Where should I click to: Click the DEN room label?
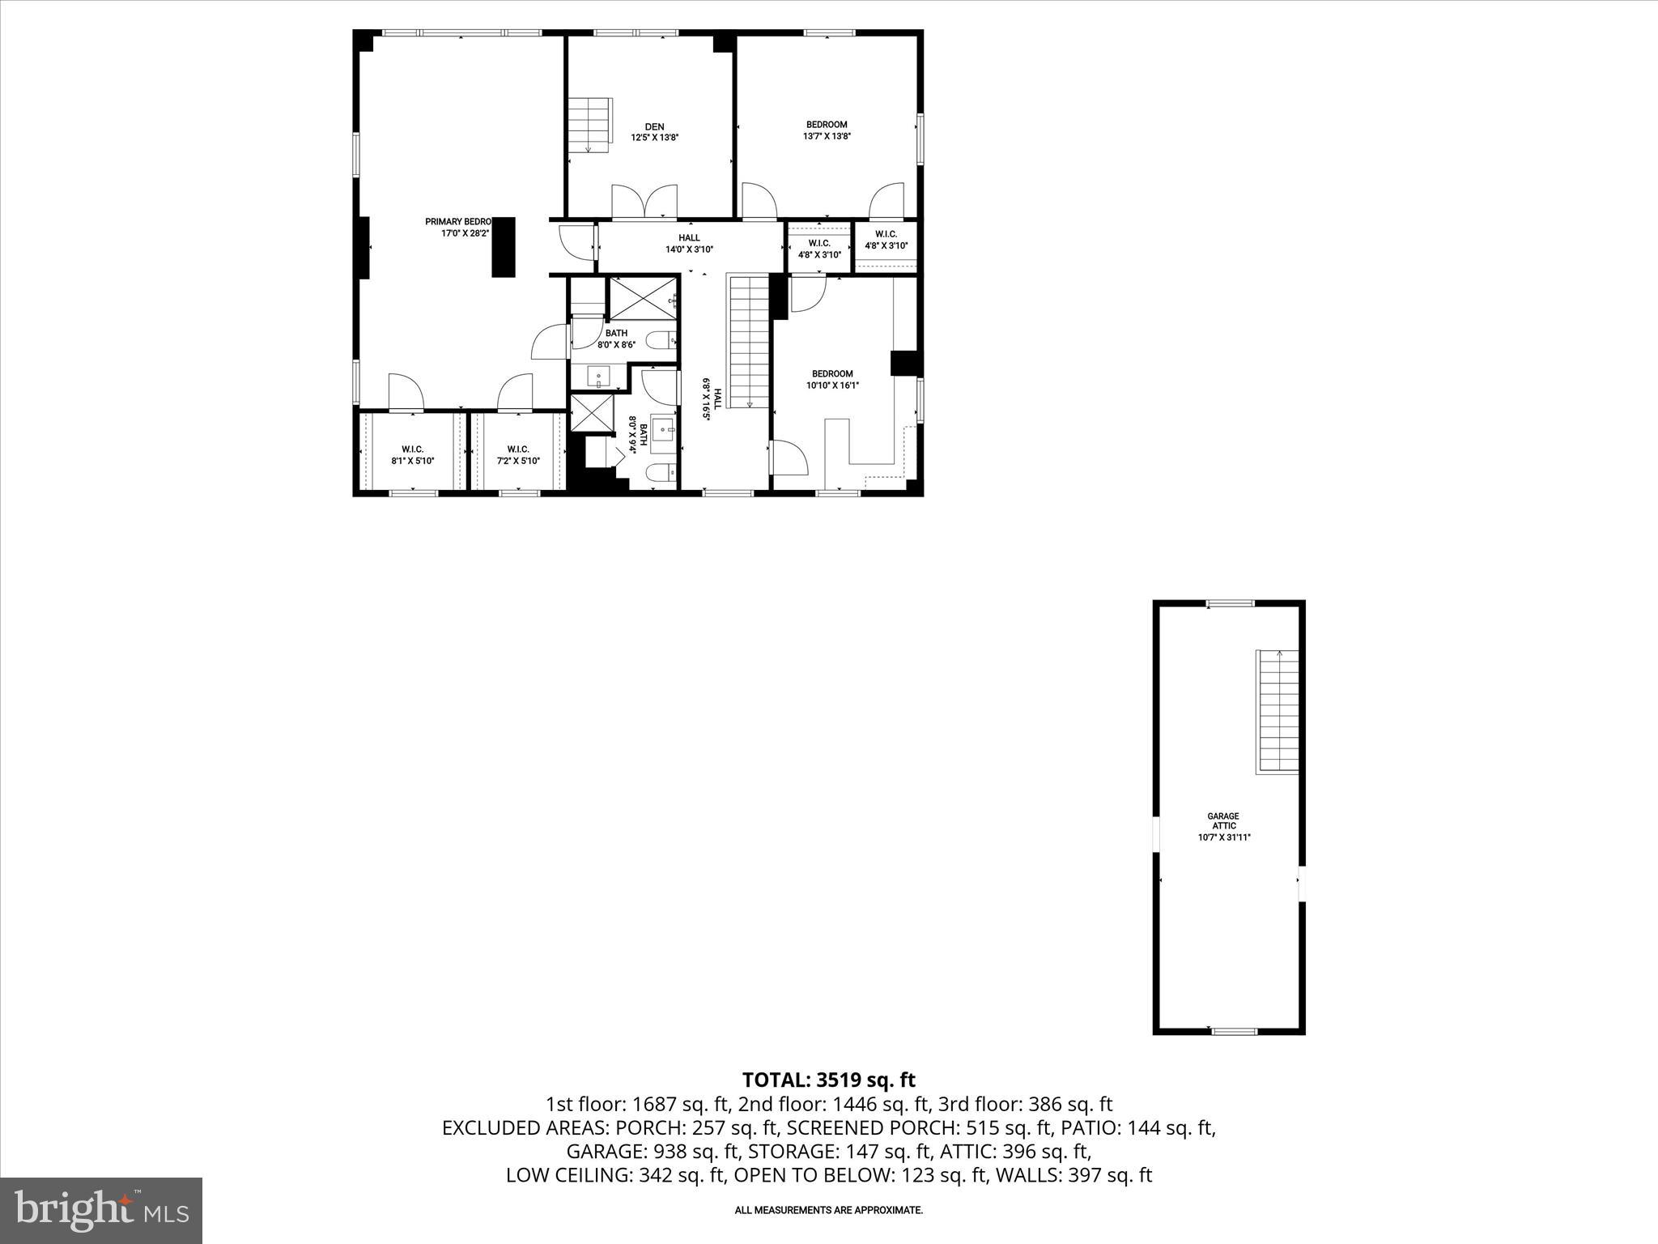(654, 126)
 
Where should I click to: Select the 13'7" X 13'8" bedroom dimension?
(827, 137)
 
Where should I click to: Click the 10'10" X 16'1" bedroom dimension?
(832, 386)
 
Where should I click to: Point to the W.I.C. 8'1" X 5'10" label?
(413, 455)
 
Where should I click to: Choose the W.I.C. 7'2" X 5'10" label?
(518, 455)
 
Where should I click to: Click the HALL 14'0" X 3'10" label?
(689, 244)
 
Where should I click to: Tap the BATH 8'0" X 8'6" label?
(616, 339)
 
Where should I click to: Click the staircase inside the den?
(589, 124)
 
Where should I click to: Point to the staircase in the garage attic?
(1278, 710)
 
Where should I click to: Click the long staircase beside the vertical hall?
(749, 340)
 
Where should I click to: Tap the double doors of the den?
(644, 202)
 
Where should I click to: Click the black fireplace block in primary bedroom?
(503, 247)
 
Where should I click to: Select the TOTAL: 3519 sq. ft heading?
(828, 1080)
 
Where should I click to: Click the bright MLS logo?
(101, 1210)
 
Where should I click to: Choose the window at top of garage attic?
(1230, 603)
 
